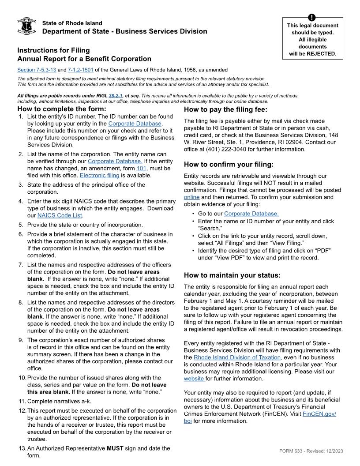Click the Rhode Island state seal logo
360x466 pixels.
[26, 26]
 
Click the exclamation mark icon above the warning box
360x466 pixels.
[312, 18]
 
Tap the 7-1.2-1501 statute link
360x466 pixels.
[80, 70]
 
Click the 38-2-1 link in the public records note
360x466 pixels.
[116, 95]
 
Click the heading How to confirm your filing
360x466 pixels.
[229, 165]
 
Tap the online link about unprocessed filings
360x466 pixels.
[191, 197]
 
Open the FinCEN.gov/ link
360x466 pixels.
[319, 414]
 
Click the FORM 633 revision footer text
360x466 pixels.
[311, 451]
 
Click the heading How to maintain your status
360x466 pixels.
[232, 275]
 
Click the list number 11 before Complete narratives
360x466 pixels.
[22, 401]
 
